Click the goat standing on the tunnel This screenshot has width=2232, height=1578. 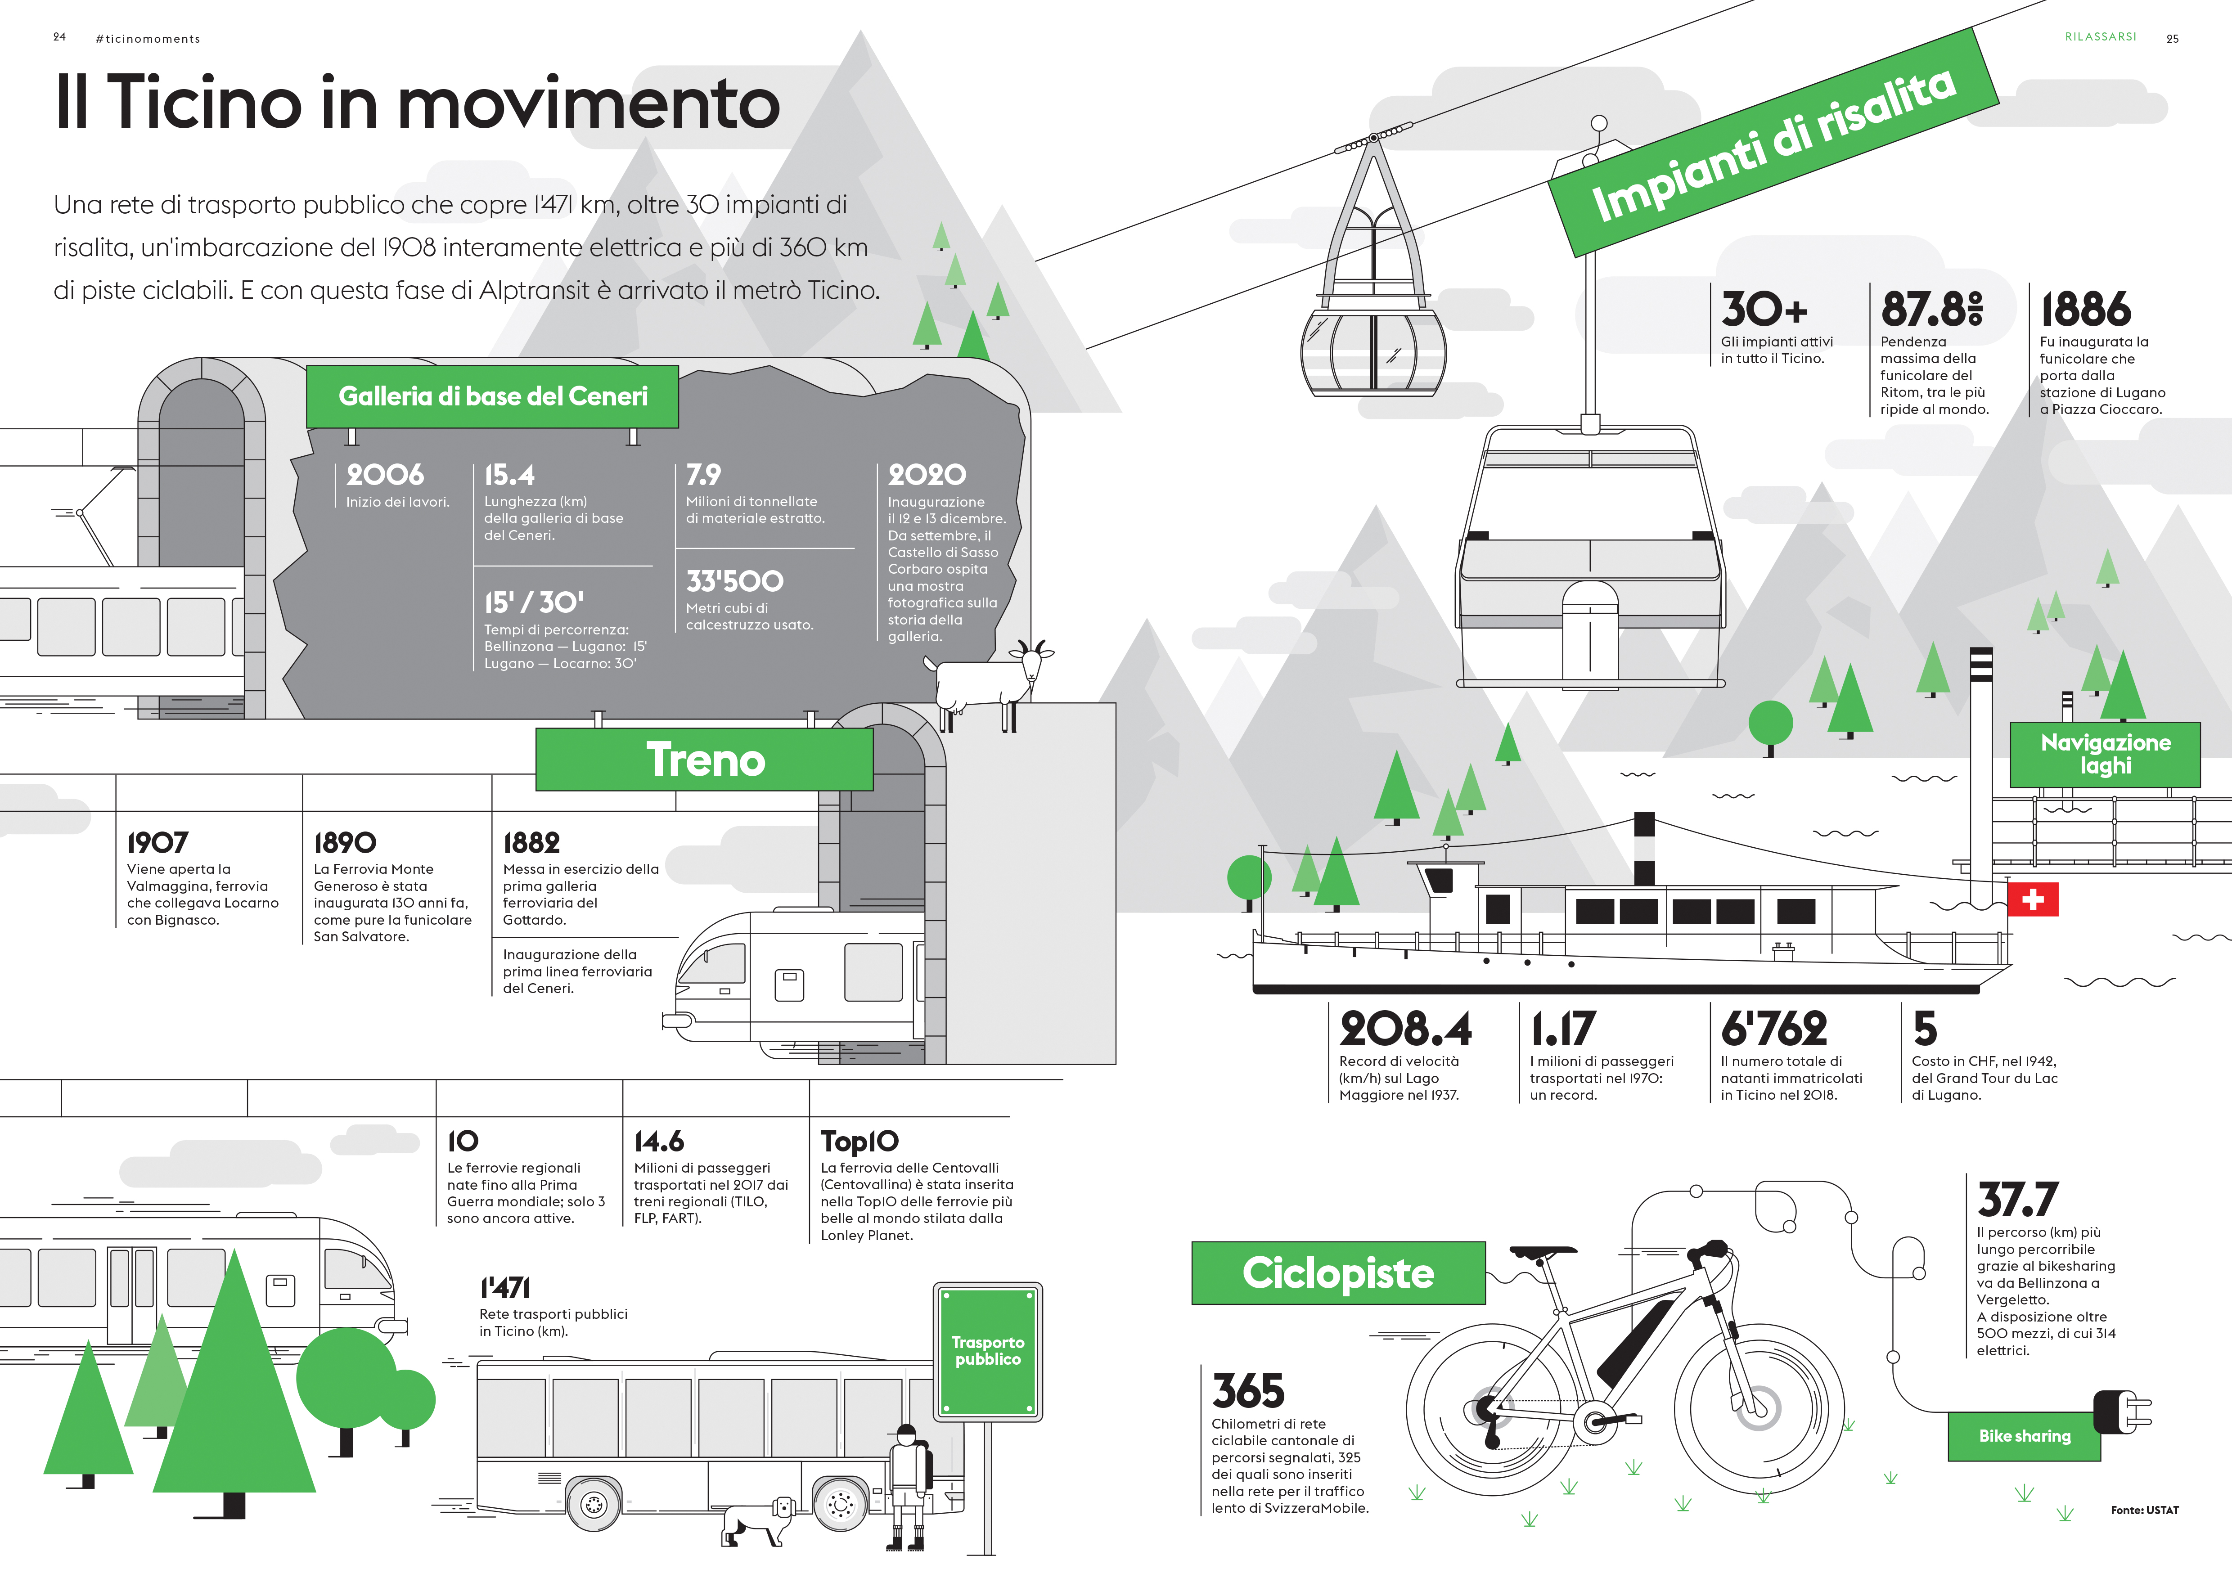987,681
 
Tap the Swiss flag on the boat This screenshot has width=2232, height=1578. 2032,899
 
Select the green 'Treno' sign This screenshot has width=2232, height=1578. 705,760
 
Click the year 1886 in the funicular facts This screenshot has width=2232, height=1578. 2085,309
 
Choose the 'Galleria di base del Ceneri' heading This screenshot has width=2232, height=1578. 493,396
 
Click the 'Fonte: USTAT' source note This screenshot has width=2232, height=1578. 2143,1510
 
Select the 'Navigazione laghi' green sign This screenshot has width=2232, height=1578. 2105,754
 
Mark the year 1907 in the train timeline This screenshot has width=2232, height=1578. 157,842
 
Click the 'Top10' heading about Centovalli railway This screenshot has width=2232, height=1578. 859,1141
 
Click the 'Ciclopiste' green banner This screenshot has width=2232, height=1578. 1338,1273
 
